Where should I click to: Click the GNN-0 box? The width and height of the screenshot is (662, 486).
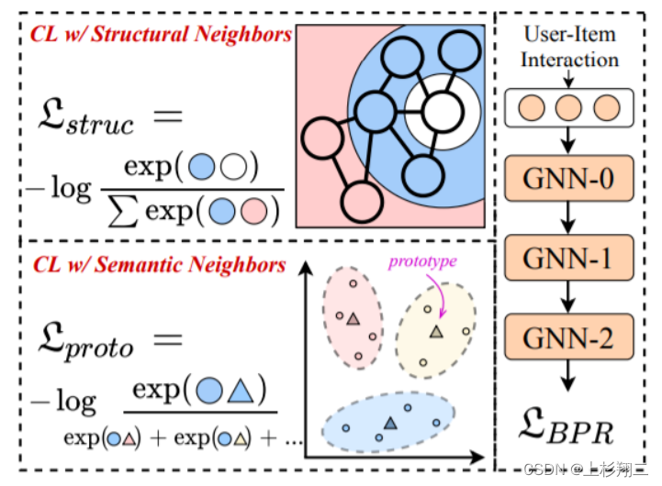pos(569,180)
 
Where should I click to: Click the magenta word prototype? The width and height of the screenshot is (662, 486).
pos(422,261)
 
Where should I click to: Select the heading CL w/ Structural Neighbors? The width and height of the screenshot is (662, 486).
pos(162,35)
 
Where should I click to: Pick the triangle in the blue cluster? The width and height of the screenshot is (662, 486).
pos(391,422)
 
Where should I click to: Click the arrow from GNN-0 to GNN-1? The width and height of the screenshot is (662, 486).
pos(569,219)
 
